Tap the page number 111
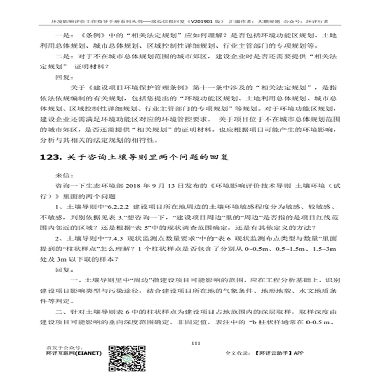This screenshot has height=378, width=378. pos(195,342)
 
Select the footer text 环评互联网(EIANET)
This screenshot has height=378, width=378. pos(75,353)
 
